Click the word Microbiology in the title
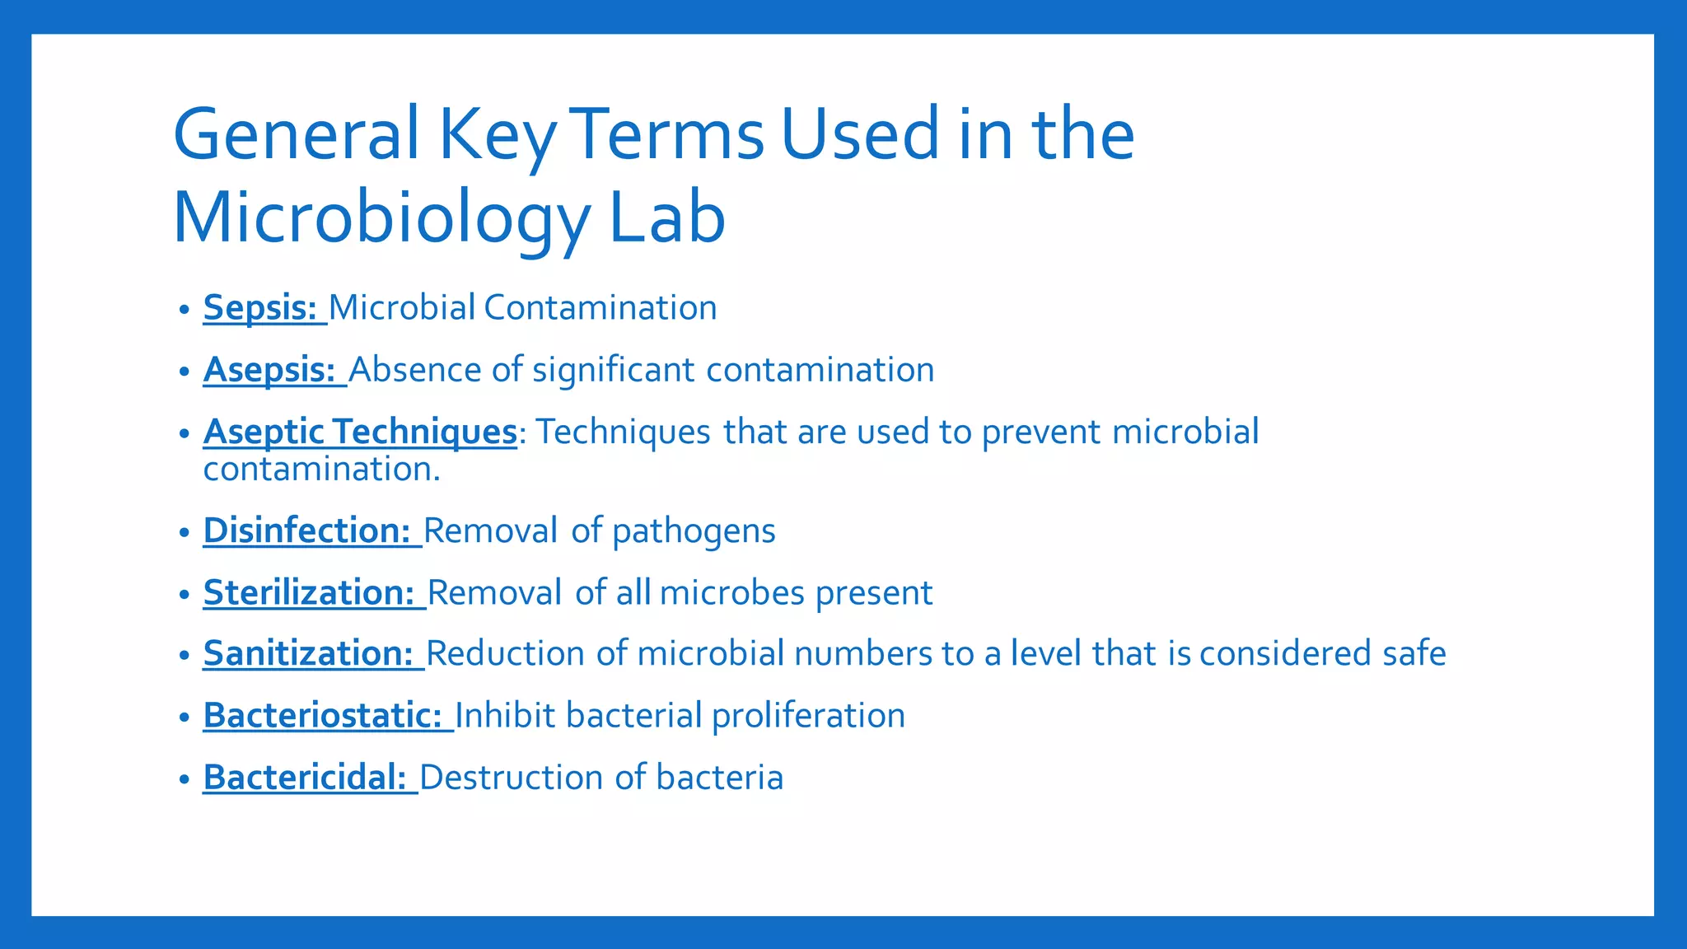381,218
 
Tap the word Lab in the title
667,218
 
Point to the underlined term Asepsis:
269,370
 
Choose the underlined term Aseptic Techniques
360,432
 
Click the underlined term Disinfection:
307,531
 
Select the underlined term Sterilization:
309,592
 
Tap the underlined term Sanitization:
308,653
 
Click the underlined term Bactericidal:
305,777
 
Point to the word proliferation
808,715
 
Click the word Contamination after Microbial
600,308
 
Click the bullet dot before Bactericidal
185,778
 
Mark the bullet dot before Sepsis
185,310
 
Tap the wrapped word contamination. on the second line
321,470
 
